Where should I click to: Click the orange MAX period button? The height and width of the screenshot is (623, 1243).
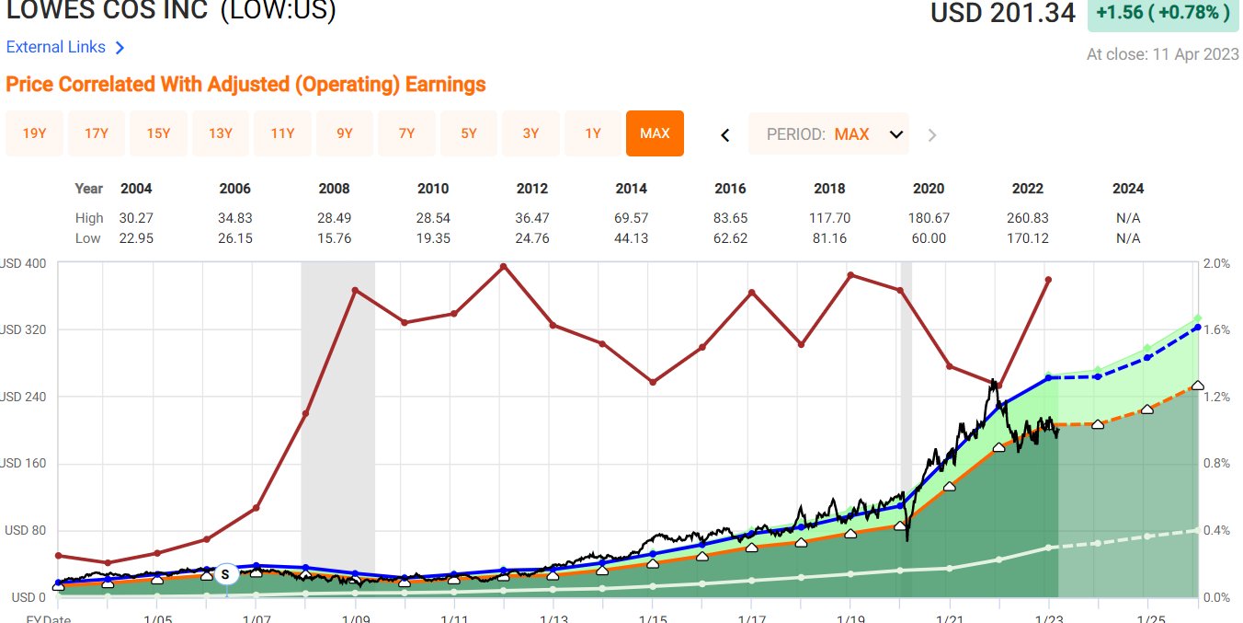(x=655, y=133)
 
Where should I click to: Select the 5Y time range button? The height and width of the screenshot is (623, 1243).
(x=469, y=133)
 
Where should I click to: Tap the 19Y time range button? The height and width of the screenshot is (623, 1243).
(x=34, y=133)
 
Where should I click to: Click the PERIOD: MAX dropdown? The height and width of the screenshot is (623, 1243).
(x=828, y=134)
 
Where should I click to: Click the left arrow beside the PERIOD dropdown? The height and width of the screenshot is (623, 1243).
(x=724, y=135)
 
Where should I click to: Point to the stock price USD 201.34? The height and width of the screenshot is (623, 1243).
(x=1002, y=14)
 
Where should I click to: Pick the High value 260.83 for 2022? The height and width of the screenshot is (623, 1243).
(x=1027, y=218)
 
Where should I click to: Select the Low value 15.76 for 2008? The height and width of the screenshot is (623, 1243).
(x=334, y=238)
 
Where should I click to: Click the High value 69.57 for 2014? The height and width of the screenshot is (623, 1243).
(x=631, y=218)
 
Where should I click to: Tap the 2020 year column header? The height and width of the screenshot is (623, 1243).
(x=929, y=189)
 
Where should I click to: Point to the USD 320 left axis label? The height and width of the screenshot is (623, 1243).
(x=24, y=329)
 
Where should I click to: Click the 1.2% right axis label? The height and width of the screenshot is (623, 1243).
(x=1217, y=397)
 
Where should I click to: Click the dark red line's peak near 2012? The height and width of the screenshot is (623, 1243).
(x=503, y=266)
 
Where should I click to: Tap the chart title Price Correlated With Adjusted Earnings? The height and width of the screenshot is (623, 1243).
(x=245, y=85)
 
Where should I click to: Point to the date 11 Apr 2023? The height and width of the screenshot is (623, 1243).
(x=1194, y=54)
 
